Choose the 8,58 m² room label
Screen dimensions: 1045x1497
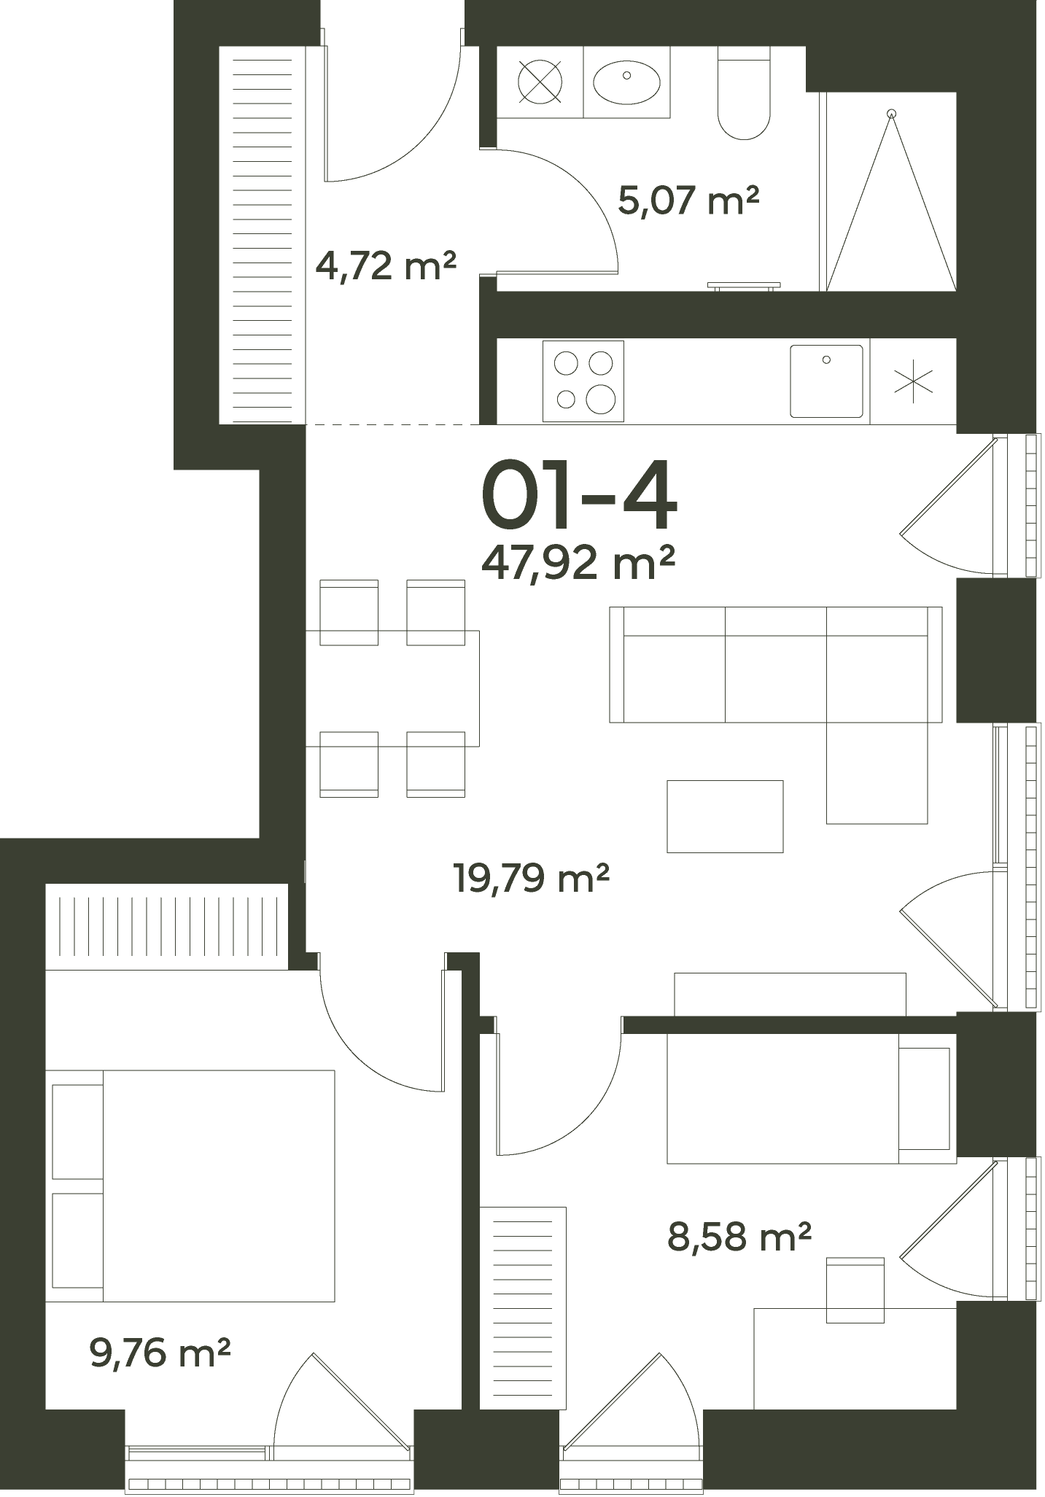pyautogui.click(x=739, y=1237)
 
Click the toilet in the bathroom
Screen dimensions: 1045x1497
pyautogui.click(x=744, y=93)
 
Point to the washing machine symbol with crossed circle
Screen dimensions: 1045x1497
pyautogui.click(x=540, y=81)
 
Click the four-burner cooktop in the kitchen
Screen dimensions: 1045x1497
pyautogui.click(x=583, y=381)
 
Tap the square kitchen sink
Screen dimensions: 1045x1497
pyautogui.click(x=826, y=381)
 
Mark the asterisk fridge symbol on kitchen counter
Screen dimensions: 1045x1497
pyautogui.click(x=913, y=382)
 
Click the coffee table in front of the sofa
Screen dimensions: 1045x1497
pyautogui.click(x=725, y=816)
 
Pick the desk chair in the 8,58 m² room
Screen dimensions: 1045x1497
pyautogui.click(x=855, y=1290)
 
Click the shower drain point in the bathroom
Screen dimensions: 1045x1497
pyautogui.click(x=890, y=113)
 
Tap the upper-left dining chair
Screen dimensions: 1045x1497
pyautogui.click(x=349, y=613)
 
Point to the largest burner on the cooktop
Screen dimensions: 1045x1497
pyautogui.click(x=601, y=398)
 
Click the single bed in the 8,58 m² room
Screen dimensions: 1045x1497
pyautogui.click(x=811, y=1098)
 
